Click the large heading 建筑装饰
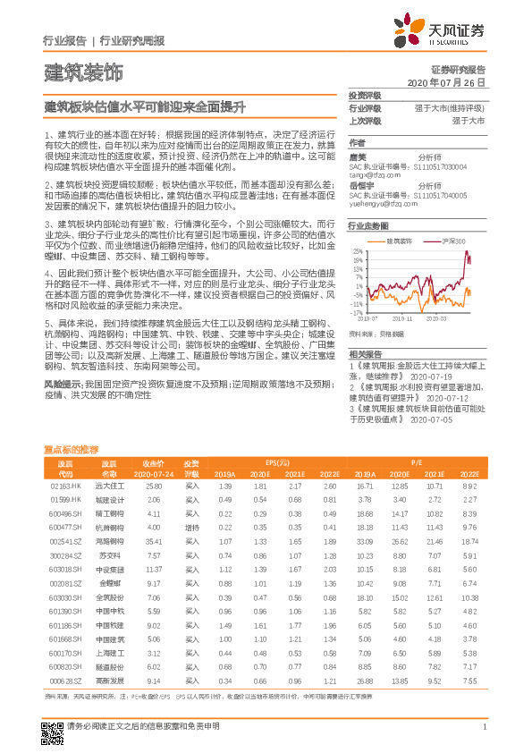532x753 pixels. pos(82,72)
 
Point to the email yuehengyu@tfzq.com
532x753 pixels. pos(379,204)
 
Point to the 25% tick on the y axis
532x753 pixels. pos(358,252)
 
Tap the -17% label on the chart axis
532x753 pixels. pos(357,313)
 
